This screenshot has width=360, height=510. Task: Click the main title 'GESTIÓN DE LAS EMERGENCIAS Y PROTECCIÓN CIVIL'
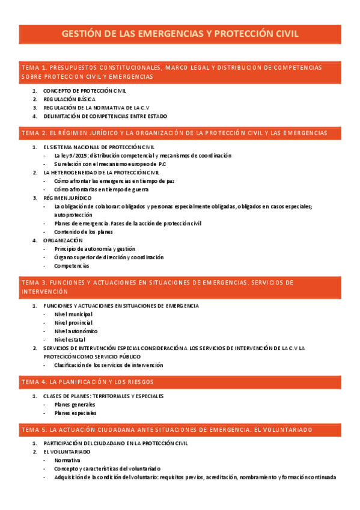[180, 34]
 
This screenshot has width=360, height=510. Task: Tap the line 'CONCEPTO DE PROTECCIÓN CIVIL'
[84, 90]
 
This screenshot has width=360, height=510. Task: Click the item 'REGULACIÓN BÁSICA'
[69, 99]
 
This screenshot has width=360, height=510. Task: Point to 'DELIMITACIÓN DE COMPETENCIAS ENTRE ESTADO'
[105, 116]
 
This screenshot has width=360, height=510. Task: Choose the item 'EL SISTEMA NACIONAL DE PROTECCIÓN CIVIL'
[99, 147]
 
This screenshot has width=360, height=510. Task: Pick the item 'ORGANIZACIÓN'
[63, 240]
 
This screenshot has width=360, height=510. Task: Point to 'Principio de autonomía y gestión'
[94, 248]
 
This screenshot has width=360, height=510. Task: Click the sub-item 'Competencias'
[72, 265]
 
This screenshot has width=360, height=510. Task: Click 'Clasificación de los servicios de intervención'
[108, 364]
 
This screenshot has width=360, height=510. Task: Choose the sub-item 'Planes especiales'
[75, 413]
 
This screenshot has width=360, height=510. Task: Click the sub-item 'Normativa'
[67, 460]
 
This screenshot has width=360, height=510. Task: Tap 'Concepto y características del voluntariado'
[107, 469]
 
